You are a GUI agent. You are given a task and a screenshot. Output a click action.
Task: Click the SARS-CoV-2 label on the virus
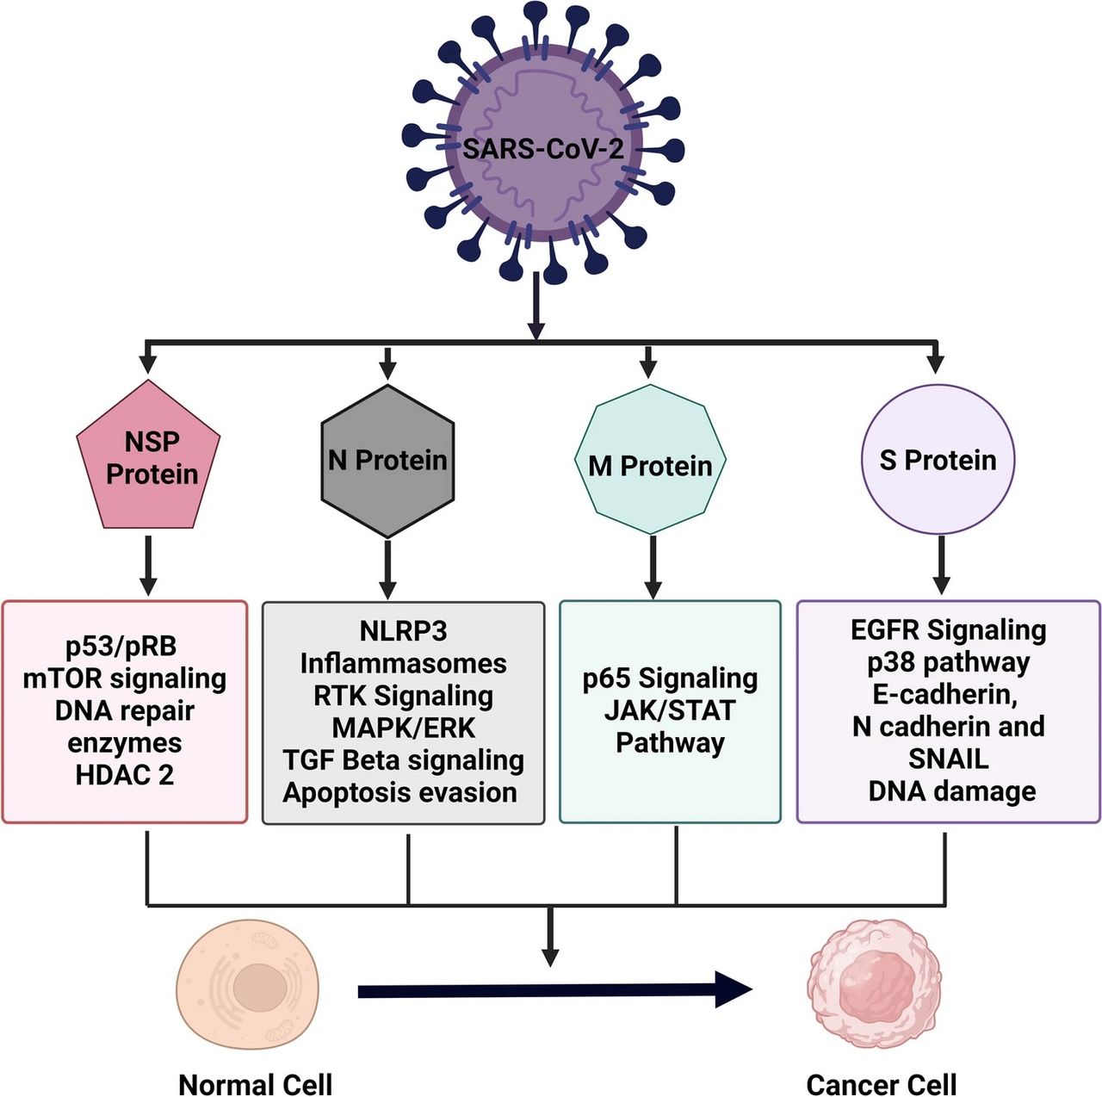[x=543, y=149]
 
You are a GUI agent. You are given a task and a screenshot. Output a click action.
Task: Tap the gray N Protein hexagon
[x=387, y=461]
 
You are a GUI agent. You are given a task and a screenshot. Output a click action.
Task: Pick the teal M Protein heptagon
[x=650, y=466]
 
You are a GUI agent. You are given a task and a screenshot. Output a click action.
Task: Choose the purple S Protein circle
[x=938, y=460]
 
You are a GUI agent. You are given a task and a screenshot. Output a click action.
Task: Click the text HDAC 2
[x=125, y=775]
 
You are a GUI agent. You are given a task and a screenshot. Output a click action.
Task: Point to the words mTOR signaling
[x=125, y=679]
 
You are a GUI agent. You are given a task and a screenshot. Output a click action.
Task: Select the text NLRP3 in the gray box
[x=403, y=631]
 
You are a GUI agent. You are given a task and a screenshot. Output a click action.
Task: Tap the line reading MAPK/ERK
[x=403, y=728]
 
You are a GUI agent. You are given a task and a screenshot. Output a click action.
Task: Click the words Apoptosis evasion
[x=400, y=792]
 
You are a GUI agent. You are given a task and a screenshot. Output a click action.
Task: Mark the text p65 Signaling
[x=670, y=679]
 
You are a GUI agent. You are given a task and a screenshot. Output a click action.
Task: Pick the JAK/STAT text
[x=670, y=710]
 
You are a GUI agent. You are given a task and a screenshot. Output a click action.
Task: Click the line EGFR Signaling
[x=948, y=630]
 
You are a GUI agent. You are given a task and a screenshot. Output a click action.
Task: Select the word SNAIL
[x=948, y=759]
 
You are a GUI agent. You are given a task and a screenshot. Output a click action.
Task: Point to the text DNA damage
[x=951, y=791]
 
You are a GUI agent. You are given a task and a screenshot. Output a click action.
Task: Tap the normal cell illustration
[x=248, y=987]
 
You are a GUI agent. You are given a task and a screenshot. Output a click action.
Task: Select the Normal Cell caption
[x=255, y=1084]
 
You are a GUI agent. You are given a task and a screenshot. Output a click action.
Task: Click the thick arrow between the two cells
[x=551, y=991]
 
